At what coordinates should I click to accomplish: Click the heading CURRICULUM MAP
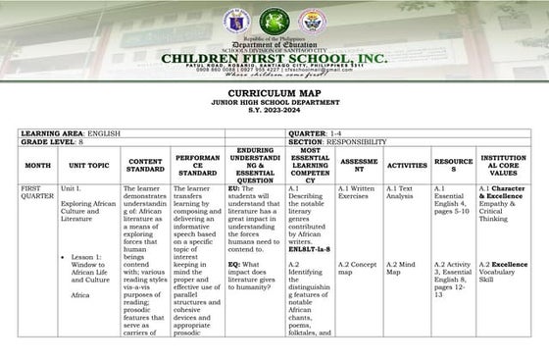click(274, 94)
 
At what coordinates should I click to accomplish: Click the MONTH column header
click(37, 165)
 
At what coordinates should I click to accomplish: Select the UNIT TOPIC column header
click(89, 165)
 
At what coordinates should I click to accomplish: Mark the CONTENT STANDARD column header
click(146, 164)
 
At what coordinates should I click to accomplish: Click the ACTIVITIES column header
click(407, 165)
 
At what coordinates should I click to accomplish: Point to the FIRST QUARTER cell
click(37, 191)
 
